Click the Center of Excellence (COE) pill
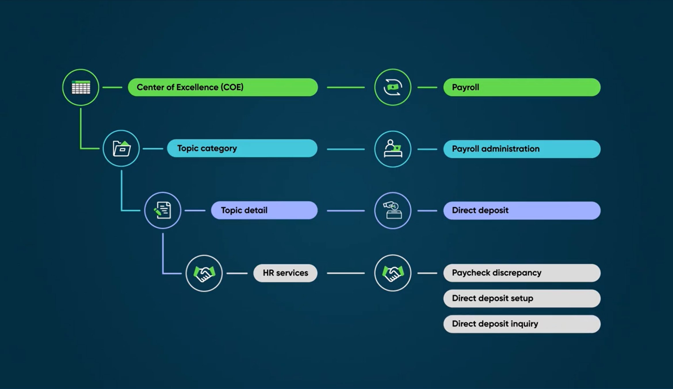[223, 87]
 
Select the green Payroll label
[522, 87]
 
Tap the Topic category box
[242, 148]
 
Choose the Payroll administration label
[522, 149]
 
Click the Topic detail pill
[264, 210]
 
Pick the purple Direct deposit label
[522, 210]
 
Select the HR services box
[285, 273]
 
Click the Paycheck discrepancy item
[522, 273]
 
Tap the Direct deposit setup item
[522, 298]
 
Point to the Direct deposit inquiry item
[522, 324]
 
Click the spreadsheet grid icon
[81, 87]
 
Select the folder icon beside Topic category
[121, 148]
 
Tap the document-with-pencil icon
[162, 210]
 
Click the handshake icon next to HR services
[204, 273]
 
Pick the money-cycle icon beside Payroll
[393, 87]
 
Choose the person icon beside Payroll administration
[393, 149]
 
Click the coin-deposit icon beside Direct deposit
[393, 210]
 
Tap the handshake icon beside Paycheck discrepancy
[393, 273]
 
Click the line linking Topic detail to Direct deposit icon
[345, 211]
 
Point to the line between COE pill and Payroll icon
[345, 87]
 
